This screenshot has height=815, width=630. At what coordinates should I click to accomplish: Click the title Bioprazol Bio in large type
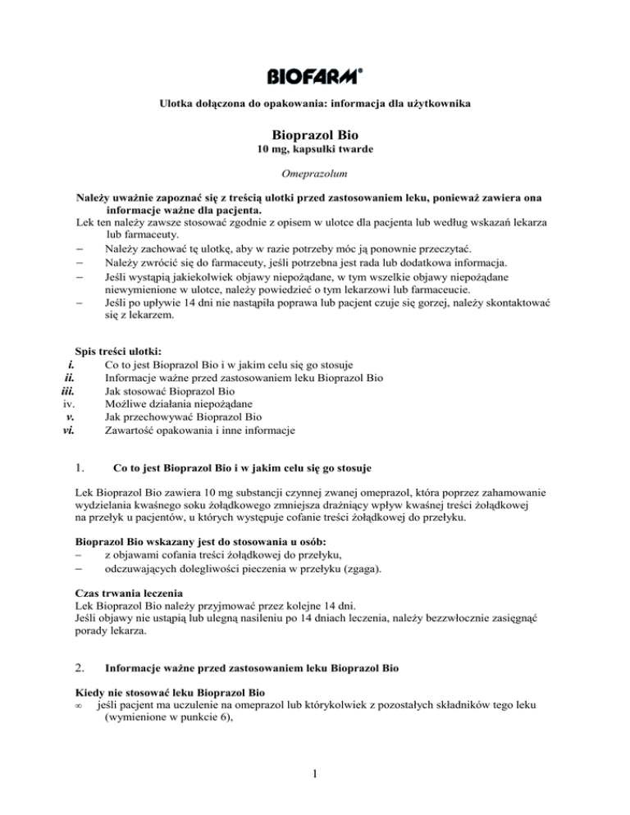314,134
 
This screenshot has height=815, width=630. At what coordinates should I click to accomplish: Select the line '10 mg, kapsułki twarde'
314,153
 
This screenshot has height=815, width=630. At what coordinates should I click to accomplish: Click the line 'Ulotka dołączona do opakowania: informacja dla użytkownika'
314,104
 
